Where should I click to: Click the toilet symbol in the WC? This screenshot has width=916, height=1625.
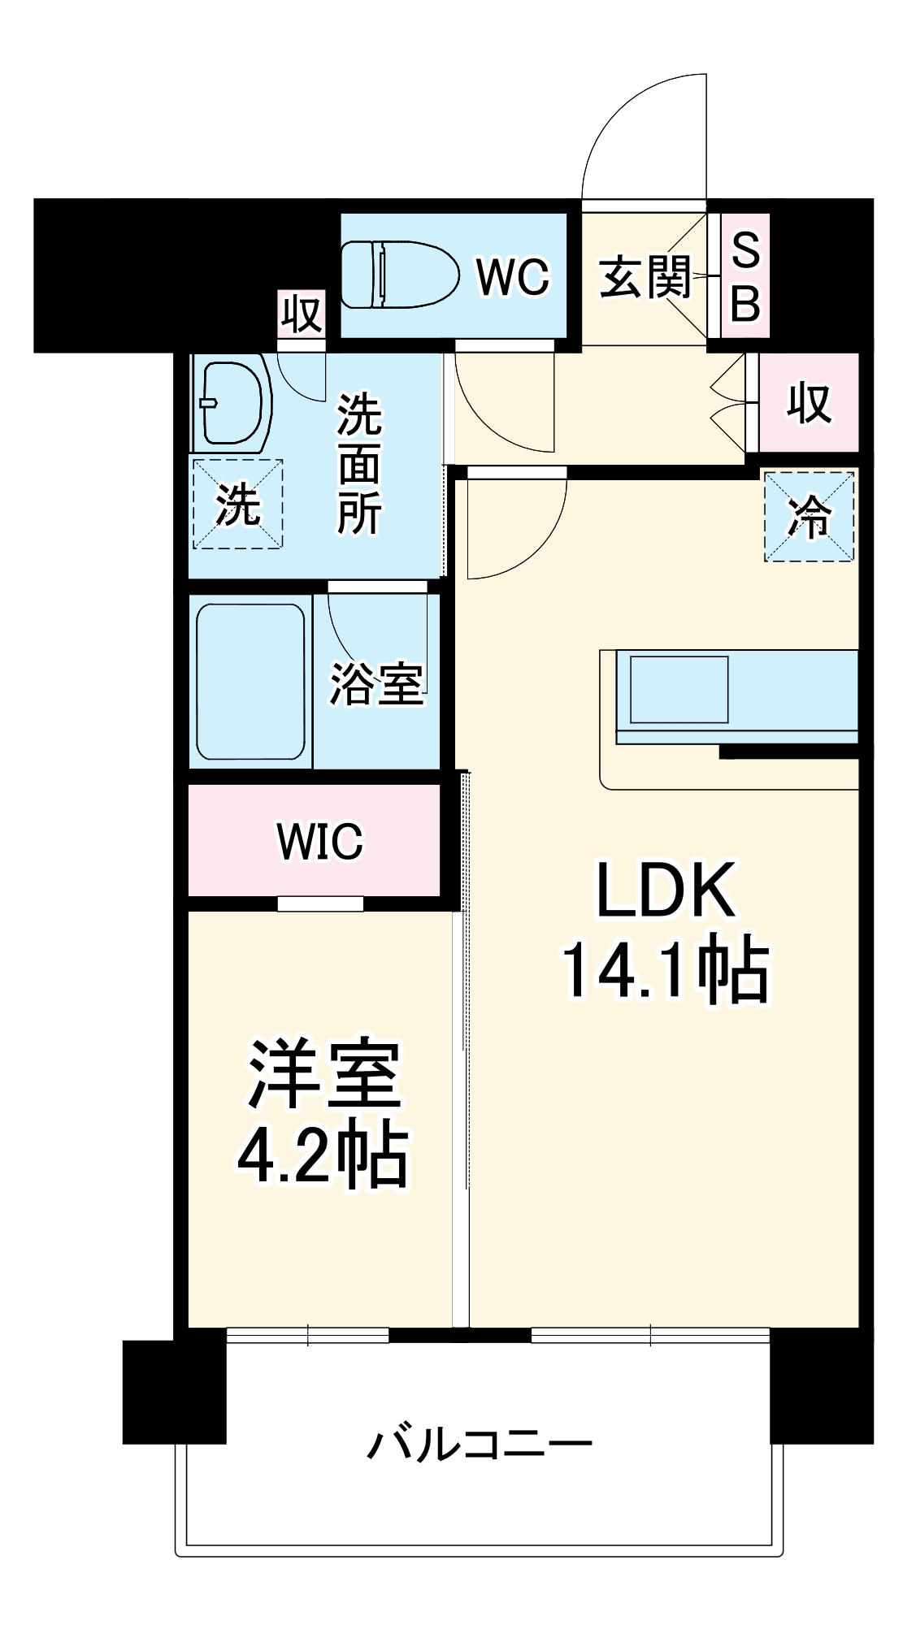(399, 275)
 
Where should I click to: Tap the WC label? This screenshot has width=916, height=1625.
(513, 277)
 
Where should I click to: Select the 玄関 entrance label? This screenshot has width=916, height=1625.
(645, 277)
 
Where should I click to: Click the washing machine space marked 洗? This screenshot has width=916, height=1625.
(237, 504)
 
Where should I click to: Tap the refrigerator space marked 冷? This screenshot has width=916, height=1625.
(810, 517)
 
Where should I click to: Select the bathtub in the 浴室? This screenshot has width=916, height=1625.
(250, 682)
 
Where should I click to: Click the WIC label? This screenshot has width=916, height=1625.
(319, 841)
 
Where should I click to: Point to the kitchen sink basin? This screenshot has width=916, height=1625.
(679, 689)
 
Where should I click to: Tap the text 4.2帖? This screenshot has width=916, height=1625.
(323, 1154)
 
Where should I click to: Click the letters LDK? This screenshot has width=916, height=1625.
(666, 890)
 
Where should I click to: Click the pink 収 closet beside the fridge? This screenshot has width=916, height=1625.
(809, 402)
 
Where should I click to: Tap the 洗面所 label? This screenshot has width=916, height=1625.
(358, 464)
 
